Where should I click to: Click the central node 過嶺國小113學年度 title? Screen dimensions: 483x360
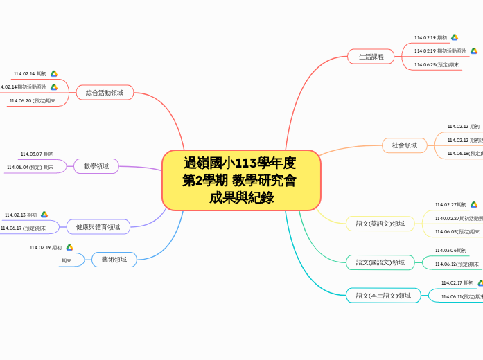point(240,180)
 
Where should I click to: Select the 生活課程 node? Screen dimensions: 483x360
point(371,56)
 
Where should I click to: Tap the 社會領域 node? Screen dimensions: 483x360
point(405,145)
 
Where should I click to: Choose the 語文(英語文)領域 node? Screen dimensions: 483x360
point(380,224)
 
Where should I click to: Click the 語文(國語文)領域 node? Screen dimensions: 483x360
point(380,262)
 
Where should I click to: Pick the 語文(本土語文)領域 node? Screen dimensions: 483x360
point(383,296)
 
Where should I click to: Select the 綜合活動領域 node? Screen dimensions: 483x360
point(105,92)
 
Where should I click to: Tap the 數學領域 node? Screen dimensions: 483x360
point(96,166)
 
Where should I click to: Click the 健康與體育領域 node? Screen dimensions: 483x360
point(98,226)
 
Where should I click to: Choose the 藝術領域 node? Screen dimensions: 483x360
point(114,260)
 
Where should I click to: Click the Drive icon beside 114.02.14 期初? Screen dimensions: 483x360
point(54,73)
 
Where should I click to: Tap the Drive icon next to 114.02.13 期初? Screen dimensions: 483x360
point(44,215)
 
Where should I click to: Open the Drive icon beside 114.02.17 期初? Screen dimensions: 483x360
point(480,282)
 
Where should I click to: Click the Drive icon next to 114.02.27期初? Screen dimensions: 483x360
point(474,204)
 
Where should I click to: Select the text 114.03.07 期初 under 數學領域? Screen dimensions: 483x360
point(37,154)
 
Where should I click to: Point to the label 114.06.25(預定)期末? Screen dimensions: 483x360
point(437,64)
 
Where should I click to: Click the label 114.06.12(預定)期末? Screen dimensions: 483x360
point(457,264)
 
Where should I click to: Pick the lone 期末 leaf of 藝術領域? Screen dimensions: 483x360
point(67,261)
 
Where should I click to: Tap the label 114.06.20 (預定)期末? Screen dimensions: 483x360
point(33,100)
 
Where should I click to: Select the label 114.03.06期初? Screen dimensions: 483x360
point(450,250)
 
